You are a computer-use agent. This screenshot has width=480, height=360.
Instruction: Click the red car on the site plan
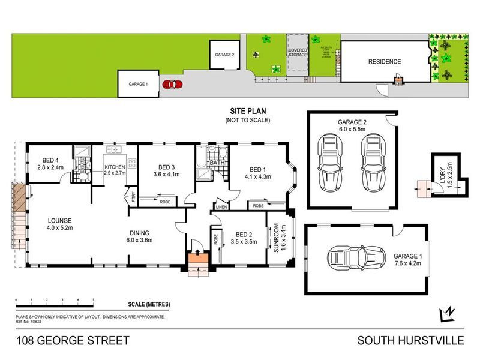(x=172, y=85)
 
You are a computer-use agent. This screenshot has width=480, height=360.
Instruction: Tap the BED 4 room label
(x=50, y=160)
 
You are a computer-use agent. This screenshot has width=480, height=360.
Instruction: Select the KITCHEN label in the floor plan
(x=114, y=166)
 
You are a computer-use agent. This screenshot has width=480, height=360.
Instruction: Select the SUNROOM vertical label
(x=277, y=238)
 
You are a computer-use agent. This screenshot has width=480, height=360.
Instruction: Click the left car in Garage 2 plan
(x=329, y=160)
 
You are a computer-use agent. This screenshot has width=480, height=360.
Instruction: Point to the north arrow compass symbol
(x=445, y=314)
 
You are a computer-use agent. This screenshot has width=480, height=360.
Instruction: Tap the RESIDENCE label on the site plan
(x=384, y=62)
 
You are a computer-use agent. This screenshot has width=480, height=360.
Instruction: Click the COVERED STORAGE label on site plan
(x=298, y=53)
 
